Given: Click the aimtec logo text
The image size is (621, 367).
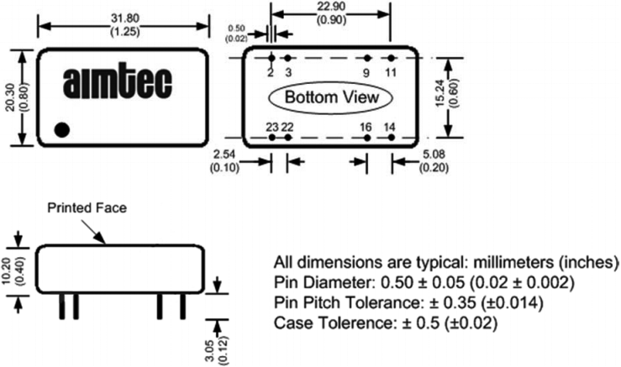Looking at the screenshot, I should coord(118,84).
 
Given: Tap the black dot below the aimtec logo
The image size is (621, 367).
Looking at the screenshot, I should coord(61,130).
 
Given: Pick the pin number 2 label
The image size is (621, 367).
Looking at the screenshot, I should coord(271,72).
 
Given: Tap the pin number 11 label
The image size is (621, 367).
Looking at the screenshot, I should coord(390,72).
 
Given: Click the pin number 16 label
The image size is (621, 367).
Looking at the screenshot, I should coord(366,126).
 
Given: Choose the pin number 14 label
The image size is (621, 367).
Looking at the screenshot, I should coord(390,126).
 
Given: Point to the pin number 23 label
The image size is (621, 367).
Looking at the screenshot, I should coord(271,126).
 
